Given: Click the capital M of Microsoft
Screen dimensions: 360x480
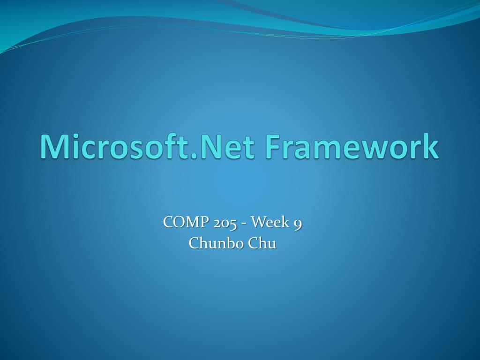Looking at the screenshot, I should coord(53,146).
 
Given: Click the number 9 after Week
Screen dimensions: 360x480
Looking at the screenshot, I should coord(297,224).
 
